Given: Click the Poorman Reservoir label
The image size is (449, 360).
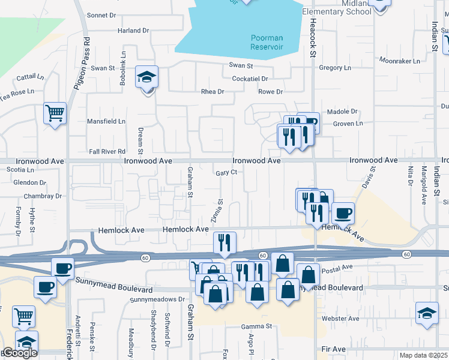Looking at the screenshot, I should click(267, 43).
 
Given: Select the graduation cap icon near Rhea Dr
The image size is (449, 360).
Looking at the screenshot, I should click(146, 78).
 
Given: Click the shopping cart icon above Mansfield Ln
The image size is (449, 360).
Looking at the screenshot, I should click(55, 113).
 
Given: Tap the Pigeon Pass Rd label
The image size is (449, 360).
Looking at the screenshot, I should click(82, 64).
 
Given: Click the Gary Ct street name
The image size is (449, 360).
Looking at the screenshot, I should click(227, 172).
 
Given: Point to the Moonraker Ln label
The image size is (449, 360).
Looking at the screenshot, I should click(399, 61).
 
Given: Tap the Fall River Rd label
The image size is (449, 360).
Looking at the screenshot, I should click(107, 151).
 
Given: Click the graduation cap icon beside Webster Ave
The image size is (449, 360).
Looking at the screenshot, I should click(427, 313).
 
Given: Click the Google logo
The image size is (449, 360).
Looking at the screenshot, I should click(19, 353).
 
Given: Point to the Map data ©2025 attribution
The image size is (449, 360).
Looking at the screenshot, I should click(423, 355).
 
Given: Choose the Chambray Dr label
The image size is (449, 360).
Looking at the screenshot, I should click(43, 196).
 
